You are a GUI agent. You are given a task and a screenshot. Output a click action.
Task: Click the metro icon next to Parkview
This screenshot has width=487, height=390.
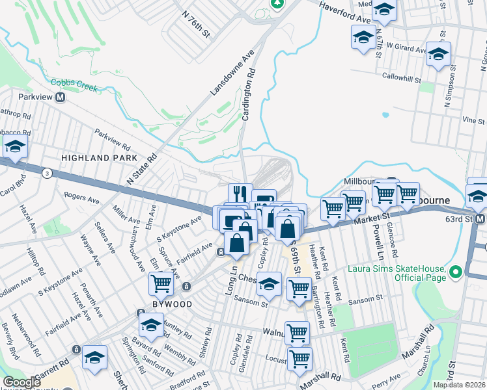(x=61, y=97)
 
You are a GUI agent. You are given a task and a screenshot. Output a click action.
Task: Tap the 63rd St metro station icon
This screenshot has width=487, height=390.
(x=480, y=220)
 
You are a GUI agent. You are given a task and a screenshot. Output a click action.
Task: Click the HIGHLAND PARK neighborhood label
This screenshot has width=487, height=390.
(x=99, y=158)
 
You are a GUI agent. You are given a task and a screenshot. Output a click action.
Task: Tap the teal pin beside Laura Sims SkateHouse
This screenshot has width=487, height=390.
(x=455, y=272)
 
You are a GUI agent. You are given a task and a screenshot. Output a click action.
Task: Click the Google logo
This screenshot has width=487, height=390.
(x=21, y=382)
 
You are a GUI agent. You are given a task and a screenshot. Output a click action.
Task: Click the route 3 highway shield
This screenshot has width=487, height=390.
(x=47, y=173)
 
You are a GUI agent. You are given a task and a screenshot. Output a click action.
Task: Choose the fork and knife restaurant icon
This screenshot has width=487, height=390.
(x=240, y=193)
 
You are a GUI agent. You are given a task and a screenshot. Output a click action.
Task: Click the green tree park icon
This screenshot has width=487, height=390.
(x=278, y=3)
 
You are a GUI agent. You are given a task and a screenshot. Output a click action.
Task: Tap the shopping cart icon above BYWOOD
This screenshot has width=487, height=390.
(x=161, y=283)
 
